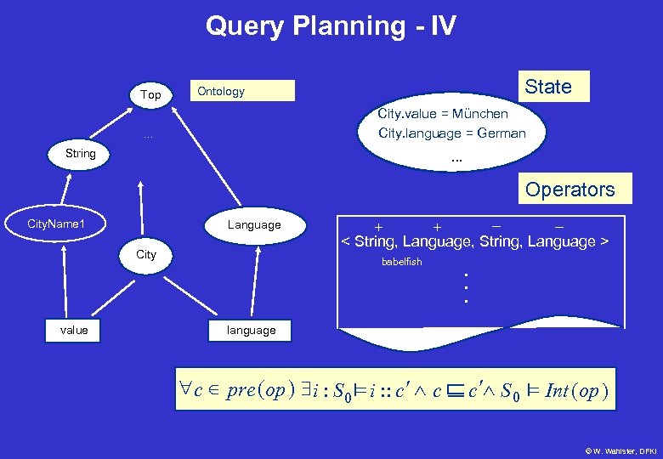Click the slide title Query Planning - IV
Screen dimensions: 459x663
[331, 26]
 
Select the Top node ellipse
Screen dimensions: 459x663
[150, 94]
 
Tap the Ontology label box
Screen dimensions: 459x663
[243, 91]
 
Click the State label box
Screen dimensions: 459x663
[548, 86]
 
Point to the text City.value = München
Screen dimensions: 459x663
[443, 113]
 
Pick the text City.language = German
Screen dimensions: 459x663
[452, 133]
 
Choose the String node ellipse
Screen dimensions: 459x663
[80, 154]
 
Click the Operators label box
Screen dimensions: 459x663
[569, 189]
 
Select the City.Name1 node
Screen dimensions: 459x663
[56, 224]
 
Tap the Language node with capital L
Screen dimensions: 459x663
[253, 224]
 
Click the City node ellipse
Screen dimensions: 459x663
[146, 254]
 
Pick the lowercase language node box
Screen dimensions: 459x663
[251, 330]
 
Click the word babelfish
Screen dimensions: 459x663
[401, 262]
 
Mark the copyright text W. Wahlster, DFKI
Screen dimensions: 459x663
[620, 448]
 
